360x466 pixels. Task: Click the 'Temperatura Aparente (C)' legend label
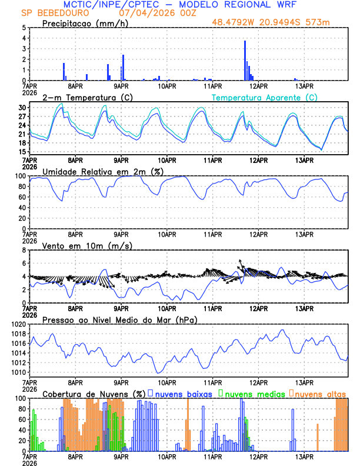pos(265,97)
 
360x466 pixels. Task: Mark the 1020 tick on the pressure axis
pos(20,324)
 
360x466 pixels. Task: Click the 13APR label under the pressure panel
pos(304,381)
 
